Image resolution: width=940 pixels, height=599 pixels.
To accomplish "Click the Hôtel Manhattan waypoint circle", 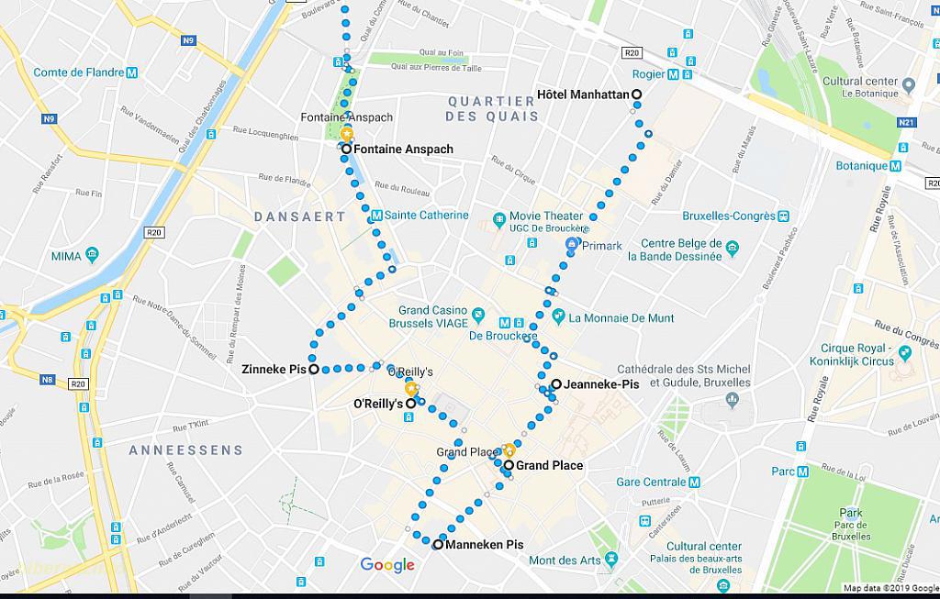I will click(x=636, y=94).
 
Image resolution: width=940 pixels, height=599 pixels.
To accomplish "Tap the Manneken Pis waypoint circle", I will click(x=438, y=545).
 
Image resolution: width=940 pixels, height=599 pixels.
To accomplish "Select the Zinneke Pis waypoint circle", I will click(x=314, y=370).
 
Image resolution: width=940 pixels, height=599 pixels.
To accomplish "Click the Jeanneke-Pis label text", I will click(x=601, y=384).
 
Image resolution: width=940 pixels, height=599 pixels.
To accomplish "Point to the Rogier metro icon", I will click(x=674, y=74).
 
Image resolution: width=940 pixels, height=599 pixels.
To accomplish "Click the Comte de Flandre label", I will click(x=79, y=72).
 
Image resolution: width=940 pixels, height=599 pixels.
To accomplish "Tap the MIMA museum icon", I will click(x=92, y=255).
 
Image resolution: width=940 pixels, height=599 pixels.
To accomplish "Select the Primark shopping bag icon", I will click(x=572, y=245).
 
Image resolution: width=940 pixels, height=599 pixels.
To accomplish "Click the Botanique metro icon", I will click(x=896, y=166).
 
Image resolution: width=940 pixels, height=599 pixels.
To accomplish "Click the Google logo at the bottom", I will click(x=387, y=565).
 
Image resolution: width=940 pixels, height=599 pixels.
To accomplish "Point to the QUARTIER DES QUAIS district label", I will click(x=492, y=108).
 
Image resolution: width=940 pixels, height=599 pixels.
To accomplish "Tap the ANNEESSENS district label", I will click(x=186, y=450).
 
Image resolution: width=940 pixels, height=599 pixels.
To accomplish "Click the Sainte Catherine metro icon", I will click(x=376, y=216).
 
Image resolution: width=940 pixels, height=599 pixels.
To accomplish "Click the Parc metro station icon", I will click(x=803, y=471).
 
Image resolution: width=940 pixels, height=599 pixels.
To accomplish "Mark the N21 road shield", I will click(x=907, y=123).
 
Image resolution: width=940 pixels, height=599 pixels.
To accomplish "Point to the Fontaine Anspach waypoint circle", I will click(x=346, y=149).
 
